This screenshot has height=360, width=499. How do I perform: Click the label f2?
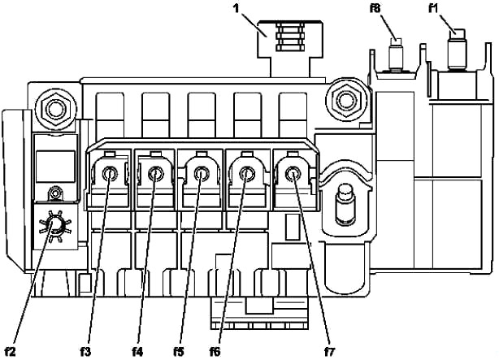(11, 352)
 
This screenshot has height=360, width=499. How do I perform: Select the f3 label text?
(85, 352)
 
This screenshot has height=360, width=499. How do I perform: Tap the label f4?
(137, 352)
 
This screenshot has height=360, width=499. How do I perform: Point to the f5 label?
(179, 352)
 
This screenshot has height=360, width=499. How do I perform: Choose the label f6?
(215, 352)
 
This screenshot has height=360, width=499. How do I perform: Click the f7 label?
(330, 352)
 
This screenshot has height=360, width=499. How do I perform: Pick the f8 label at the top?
(375, 8)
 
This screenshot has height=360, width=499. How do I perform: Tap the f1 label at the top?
(433, 8)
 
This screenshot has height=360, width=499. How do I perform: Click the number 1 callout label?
(236, 8)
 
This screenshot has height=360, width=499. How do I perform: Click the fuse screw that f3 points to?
(110, 174)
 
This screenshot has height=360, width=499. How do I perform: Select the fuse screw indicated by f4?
(156, 174)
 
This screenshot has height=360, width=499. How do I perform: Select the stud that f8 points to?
(396, 54)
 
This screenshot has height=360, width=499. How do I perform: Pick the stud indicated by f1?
(457, 50)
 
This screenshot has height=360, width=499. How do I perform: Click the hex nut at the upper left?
(55, 109)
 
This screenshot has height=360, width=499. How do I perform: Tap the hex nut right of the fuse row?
(345, 100)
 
